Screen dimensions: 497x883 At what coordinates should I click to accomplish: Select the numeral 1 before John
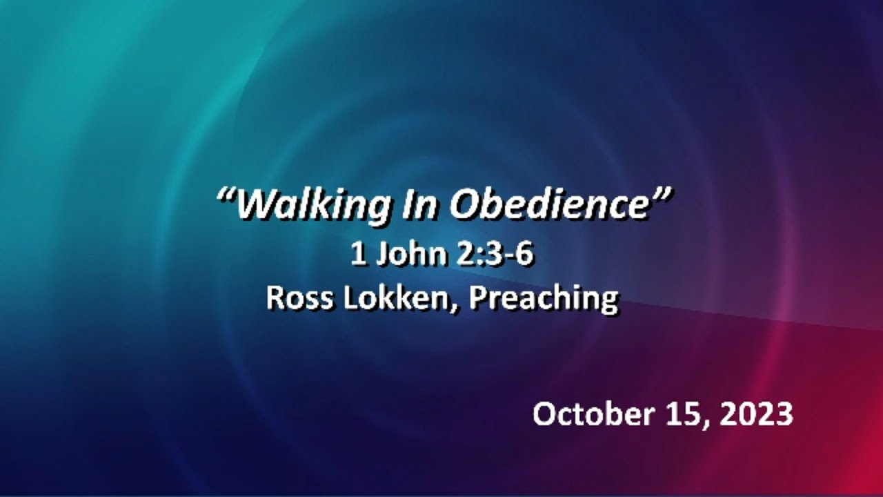pyautogui.click(x=357, y=255)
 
